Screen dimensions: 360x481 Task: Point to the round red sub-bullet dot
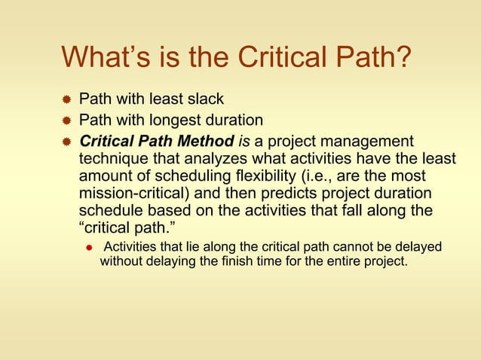(x=88, y=248)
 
